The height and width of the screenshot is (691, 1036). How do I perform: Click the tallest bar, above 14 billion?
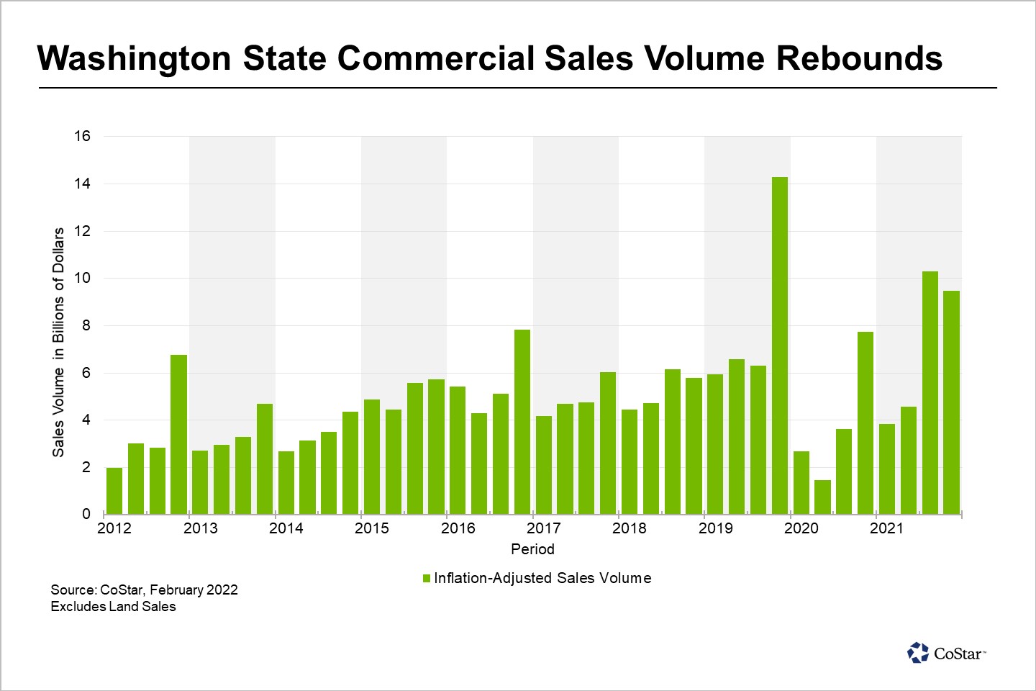pos(779,345)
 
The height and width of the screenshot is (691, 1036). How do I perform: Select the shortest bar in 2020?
pos(822,497)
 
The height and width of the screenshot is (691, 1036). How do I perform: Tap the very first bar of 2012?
pos(114,491)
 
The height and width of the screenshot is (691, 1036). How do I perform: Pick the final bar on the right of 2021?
pos(951,402)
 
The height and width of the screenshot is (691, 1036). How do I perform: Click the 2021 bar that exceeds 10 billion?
pos(930,392)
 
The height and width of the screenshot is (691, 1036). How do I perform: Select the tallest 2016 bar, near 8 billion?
pos(522,422)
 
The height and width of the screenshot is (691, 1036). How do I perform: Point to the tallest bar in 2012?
pos(178,434)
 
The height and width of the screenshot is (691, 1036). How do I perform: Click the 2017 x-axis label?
pos(543,528)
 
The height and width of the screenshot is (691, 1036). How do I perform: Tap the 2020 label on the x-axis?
pos(801,528)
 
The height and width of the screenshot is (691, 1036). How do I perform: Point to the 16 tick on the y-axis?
pos(82,136)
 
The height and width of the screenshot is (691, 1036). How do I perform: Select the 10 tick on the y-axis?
pos(82,279)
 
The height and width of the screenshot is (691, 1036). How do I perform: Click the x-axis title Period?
pos(532,549)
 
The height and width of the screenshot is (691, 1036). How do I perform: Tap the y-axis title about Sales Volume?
pos(58,342)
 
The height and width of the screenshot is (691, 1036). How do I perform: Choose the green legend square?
pos(426,579)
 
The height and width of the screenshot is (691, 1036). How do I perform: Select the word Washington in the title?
pos(134,58)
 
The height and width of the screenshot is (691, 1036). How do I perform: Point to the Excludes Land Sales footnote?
pos(113,607)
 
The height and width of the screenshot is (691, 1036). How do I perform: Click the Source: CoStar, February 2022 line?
pos(144,590)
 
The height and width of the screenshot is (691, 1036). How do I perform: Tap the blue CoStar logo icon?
pos(918,653)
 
